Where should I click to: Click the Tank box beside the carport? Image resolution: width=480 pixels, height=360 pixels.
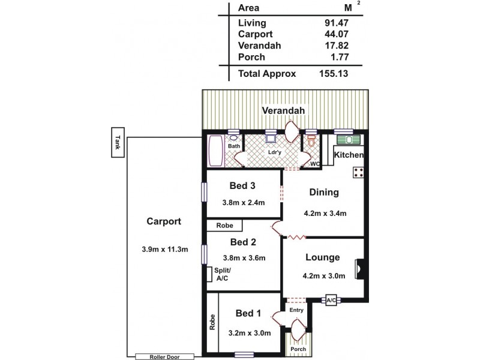[x=117, y=142]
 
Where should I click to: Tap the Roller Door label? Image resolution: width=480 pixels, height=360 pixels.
[x=164, y=356]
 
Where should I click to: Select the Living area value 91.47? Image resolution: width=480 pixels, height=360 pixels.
[x=336, y=23]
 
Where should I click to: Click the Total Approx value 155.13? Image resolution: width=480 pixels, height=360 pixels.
[x=334, y=74]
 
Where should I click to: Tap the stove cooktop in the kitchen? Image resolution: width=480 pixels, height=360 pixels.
[x=359, y=172]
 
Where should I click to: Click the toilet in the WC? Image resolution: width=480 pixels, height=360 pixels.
[x=311, y=141]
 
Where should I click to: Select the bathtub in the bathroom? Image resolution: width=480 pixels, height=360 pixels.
[x=215, y=151]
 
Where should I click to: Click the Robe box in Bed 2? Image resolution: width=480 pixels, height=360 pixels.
[x=224, y=226]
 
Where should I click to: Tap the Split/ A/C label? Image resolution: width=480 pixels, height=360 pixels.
[x=223, y=274]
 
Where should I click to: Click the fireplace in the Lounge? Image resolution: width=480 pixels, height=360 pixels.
[x=359, y=268]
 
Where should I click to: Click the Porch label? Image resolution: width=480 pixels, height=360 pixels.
[x=298, y=349]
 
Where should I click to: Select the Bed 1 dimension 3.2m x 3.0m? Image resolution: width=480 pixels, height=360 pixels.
[x=249, y=333]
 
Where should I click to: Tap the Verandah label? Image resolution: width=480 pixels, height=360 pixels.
[x=284, y=111]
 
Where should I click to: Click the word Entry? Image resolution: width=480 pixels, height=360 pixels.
[x=296, y=310]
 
